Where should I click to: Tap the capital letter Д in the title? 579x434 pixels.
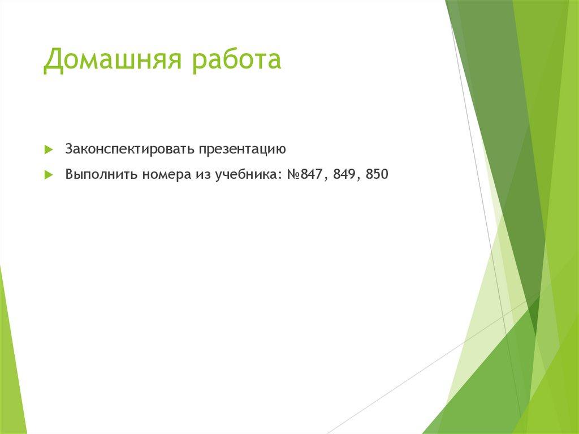[x=52, y=61]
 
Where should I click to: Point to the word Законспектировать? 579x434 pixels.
[x=129, y=149]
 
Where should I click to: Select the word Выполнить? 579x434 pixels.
[x=101, y=174]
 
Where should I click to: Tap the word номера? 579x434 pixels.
[x=165, y=174]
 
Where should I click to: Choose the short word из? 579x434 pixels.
[x=202, y=174]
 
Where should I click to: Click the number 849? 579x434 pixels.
[x=344, y=174]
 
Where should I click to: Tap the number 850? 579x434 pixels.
[x=377, y=174]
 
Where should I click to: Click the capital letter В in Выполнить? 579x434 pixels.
[x=69, y=174]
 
